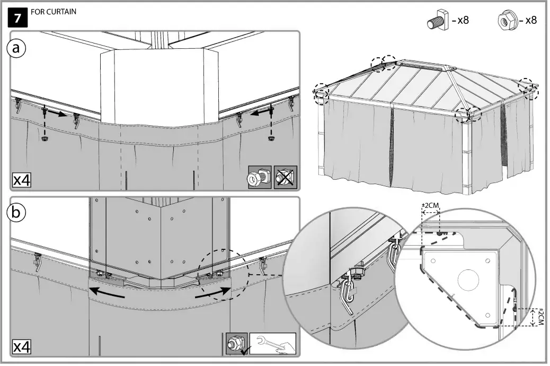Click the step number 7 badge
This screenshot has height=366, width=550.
pos(18,18)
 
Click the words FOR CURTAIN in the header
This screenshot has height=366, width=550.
pos(54,12)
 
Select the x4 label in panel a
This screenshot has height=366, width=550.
pos(22,180)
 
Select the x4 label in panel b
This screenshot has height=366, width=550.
pos(22,347)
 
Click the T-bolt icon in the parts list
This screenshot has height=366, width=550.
pos(438,22)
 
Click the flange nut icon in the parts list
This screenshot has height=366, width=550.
pos(507,21)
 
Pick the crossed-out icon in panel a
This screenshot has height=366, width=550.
pos(286,178)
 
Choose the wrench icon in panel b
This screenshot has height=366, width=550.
pos(272,344)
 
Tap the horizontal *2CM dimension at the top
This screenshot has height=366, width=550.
pos(430,205)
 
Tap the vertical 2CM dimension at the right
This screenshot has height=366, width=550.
pos(540,318)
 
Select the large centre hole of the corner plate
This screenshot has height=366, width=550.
pos(468,280)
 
